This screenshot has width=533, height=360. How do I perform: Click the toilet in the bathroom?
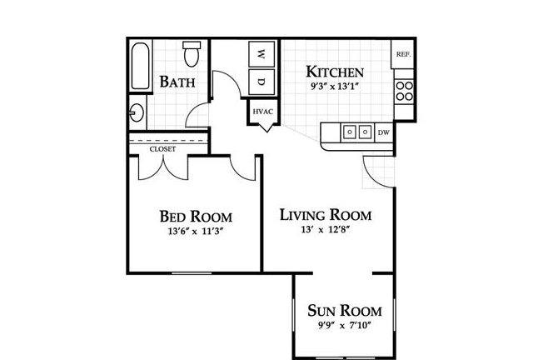192,54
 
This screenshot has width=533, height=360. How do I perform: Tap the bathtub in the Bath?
141,66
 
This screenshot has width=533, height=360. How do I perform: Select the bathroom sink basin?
137,112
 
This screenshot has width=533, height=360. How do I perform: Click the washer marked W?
262,54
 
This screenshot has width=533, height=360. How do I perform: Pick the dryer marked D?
262,82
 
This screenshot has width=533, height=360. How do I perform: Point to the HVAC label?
263,112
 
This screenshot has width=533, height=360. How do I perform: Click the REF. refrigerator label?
404,54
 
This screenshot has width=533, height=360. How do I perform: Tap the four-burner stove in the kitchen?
405,91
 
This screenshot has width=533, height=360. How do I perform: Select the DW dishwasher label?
384,132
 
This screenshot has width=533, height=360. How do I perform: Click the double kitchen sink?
357,132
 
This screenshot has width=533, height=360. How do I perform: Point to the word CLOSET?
163,149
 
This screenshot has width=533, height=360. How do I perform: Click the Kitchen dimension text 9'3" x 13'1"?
335,87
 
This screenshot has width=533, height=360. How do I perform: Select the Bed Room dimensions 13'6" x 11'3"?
196,232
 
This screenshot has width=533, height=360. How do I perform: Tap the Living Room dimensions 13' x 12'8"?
326,230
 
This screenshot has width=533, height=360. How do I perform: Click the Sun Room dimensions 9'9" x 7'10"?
344,326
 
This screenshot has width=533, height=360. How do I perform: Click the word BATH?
177,82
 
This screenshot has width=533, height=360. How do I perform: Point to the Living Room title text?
326,215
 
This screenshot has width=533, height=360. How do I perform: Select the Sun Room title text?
345,311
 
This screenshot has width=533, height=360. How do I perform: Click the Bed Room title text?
197,217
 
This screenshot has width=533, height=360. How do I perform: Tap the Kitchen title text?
335,72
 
